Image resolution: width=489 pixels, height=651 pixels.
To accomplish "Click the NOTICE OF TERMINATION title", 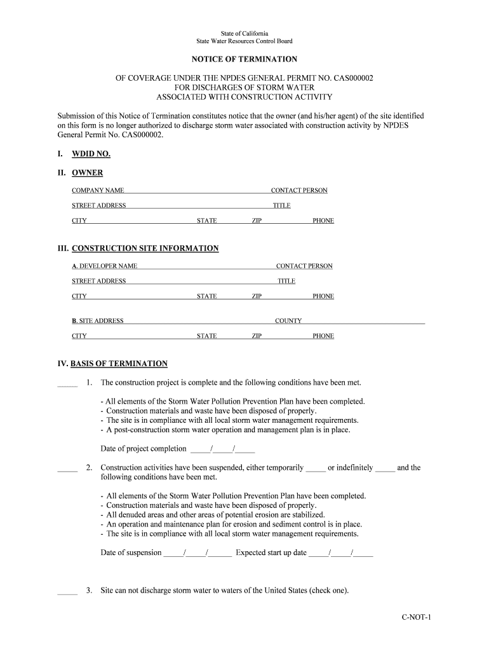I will click(245, 59).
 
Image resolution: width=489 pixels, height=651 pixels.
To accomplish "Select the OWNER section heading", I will click(87, 173).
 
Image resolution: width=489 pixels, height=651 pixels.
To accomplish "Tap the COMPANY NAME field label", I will click(98, 191).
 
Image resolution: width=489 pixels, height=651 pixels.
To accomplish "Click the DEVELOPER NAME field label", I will click(104, 266).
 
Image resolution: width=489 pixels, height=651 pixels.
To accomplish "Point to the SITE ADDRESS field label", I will click(97, 321).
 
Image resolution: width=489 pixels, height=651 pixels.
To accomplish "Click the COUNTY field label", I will click(288, 321).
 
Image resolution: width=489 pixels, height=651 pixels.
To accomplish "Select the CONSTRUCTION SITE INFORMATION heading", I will click(145, 249).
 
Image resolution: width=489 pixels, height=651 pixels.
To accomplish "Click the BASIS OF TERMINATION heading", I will click(119, 364).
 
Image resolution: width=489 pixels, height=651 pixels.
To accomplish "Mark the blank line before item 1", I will click(67, 384).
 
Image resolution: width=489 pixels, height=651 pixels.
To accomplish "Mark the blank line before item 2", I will click(67, 469).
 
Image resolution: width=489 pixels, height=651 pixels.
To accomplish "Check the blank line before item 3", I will click(67, 592).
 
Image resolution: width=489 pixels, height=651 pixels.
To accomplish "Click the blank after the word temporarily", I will click(316, 469).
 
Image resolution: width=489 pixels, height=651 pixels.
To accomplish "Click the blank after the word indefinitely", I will click(385, 469).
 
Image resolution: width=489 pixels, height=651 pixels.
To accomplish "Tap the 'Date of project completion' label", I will click(144, 449).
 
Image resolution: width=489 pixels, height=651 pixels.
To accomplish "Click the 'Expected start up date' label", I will click(271, 552).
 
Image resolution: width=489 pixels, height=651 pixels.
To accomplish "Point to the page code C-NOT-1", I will click(416, 617).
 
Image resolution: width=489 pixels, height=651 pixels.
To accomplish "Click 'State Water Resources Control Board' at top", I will click(245, 41).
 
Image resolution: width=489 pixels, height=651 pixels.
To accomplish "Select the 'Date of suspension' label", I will click(131, 552).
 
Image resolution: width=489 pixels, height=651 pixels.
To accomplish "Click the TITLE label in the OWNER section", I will click(281, 206).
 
